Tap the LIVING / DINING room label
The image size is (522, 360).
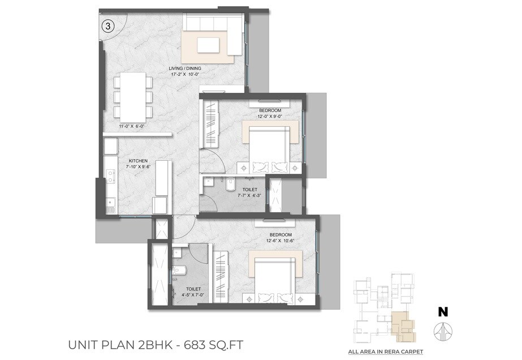[185, 68]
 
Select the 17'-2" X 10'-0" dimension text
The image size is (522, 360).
[185, 74]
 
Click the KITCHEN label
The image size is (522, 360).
[138, 161]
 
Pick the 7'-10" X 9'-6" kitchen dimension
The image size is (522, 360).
[138, 167]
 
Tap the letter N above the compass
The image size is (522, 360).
[443, 311]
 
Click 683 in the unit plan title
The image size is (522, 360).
[204, 344]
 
